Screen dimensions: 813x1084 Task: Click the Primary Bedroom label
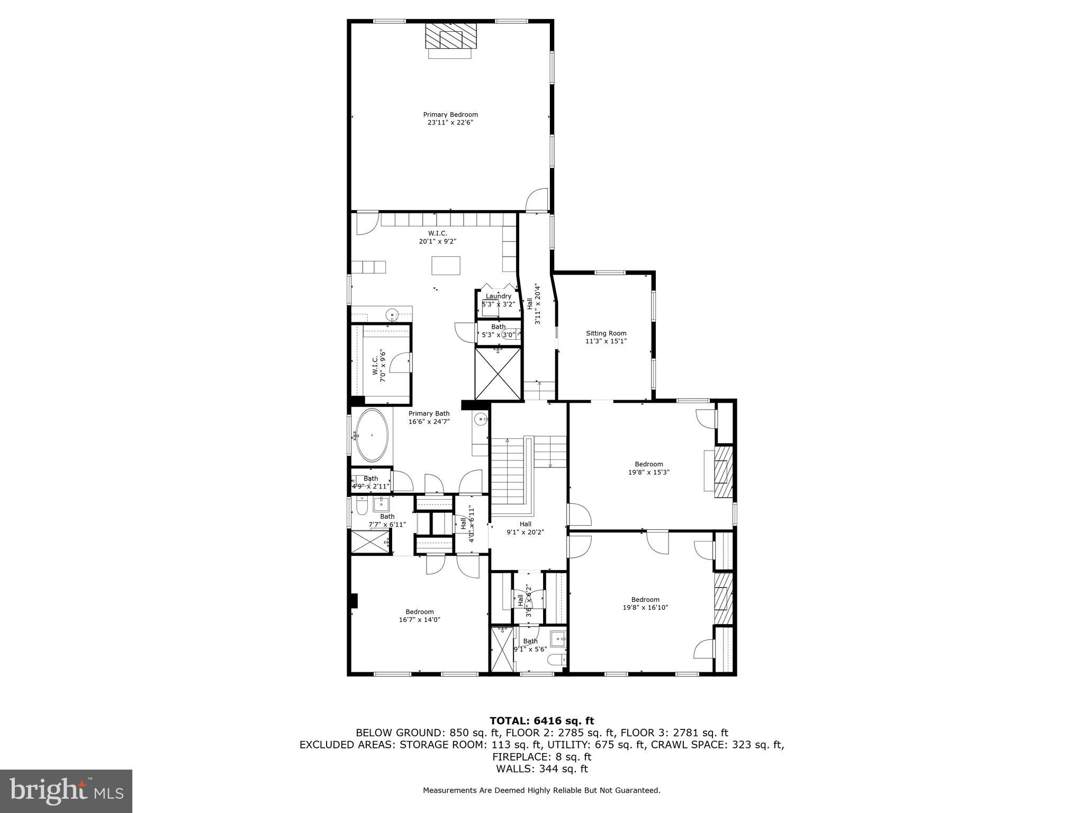450,114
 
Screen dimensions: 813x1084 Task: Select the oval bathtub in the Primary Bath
372,435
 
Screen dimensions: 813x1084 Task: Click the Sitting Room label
606,333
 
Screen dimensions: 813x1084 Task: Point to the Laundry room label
498,296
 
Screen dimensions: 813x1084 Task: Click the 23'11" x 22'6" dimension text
450,122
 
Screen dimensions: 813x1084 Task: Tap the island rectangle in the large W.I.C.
446,265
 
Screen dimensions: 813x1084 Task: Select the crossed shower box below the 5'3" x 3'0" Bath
498,373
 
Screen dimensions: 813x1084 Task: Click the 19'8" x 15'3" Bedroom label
648,464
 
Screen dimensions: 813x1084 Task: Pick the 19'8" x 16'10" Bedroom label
645,600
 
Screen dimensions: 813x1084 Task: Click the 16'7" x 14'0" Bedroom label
419,611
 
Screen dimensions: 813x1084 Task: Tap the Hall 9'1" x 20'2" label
525,528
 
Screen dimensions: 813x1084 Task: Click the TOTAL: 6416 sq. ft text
541,720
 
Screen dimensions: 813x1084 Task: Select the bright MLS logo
66,790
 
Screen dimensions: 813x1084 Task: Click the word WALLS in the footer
509,769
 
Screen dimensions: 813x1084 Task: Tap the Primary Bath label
429,414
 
